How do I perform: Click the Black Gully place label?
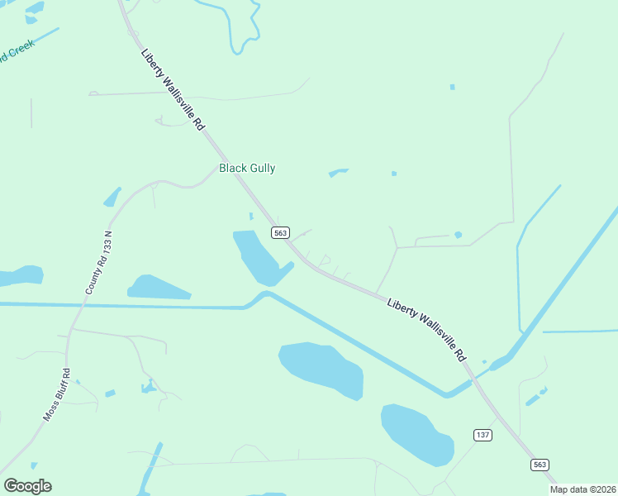[247, 168]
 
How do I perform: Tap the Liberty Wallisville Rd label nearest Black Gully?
[173, 91]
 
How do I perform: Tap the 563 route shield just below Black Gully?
[281, 233]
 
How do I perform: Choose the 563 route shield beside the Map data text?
[540, 465]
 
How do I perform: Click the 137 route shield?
[483, 435]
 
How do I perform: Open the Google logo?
[27, 486]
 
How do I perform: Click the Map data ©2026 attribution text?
[582, 489]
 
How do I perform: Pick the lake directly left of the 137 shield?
[417, 433]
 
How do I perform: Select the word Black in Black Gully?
[231, 168]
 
